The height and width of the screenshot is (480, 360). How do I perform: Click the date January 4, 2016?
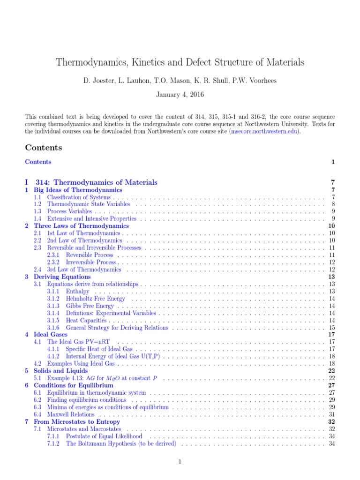tap(180, 95)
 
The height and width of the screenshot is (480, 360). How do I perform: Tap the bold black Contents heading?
tap(43, 148)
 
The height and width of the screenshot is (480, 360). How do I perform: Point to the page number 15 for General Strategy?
tap(331, 327)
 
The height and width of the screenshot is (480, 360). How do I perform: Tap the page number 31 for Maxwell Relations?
tap(331, 414)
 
